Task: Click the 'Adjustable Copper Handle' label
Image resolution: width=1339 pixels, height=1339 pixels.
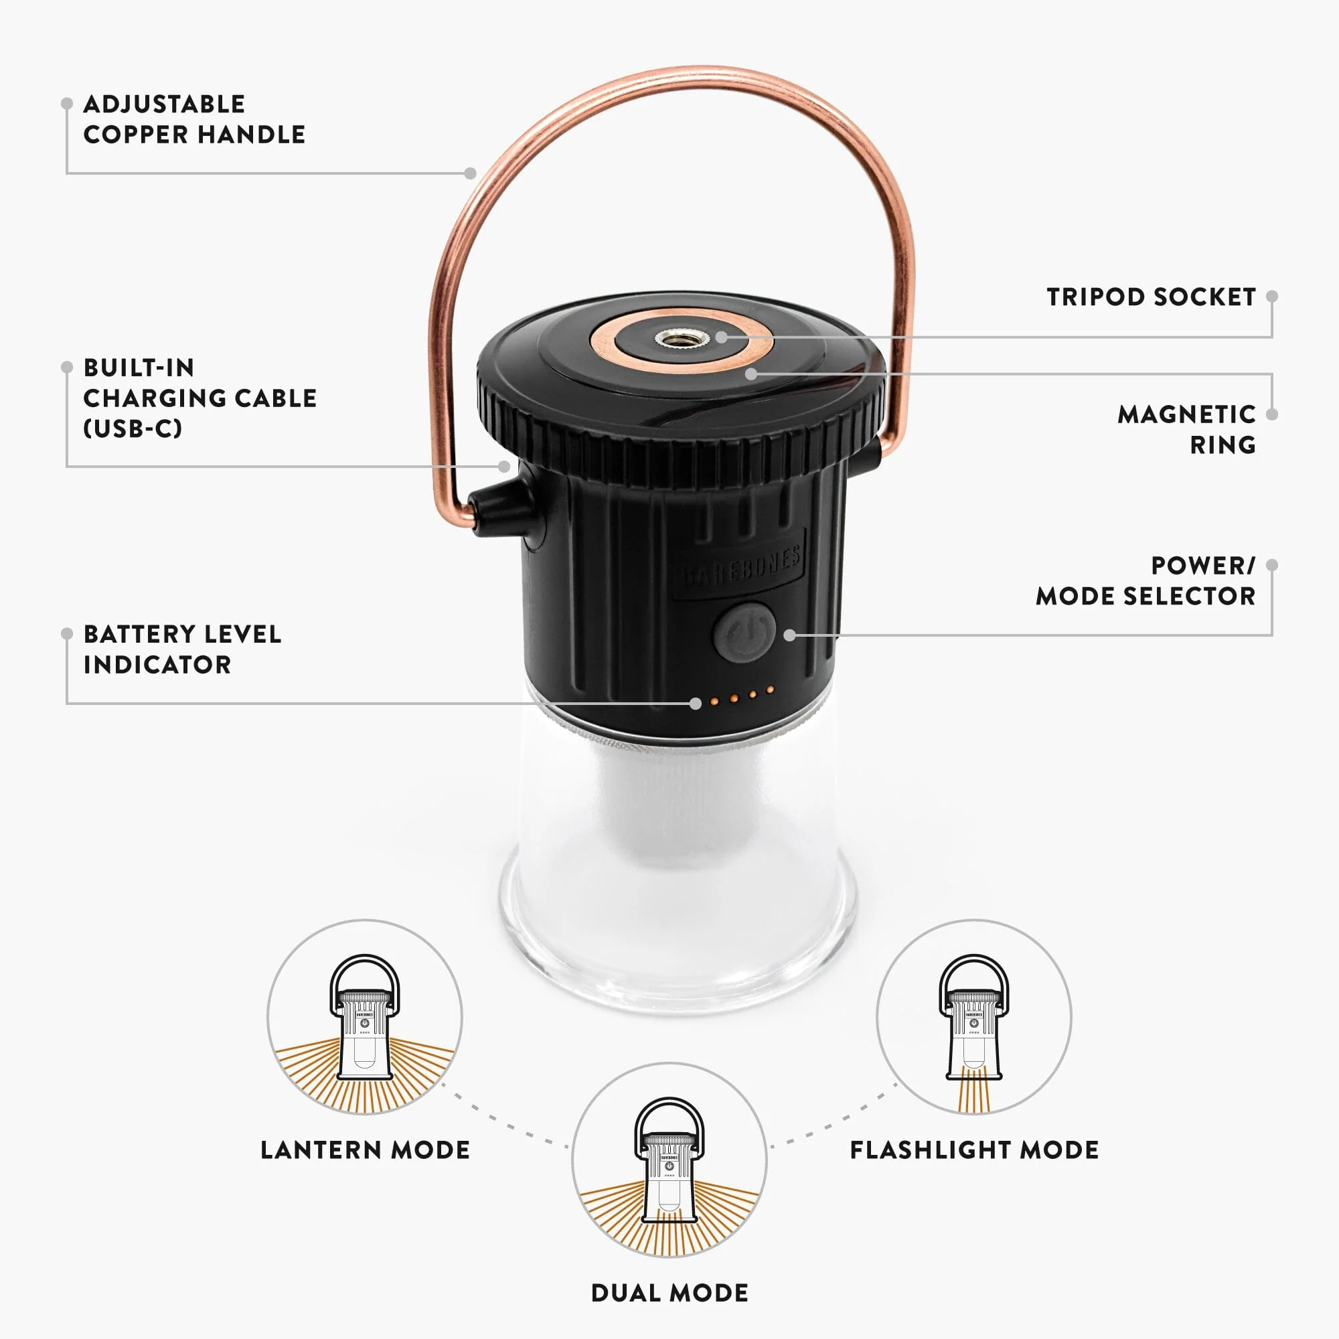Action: click(x=194, y=119)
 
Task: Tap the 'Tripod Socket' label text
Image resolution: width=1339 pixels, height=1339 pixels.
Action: click(x=1151, y=297)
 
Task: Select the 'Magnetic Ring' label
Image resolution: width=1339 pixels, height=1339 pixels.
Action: click(x=1186, y=429)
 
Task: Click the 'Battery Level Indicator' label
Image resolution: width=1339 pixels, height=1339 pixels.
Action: click(x=182, y=649)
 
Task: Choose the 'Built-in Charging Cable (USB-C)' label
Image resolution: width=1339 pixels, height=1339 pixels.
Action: click(x=200, y=398)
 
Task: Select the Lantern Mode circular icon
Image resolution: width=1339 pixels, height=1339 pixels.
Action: click(x=365, y=1017)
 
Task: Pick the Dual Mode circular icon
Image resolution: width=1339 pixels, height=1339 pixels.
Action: click(x=669, y=1160)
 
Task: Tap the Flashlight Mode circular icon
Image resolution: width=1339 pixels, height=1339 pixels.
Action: click(x=973, y=1017)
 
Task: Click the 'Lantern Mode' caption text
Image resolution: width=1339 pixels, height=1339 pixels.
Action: click(x=366, y=1150)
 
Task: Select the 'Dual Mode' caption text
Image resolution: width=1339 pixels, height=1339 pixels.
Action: click(x=669, y=1293)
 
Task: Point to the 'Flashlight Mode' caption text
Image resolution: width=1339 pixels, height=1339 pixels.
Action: click(x=974, y=1150)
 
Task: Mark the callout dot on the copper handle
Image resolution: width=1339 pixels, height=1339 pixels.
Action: click(x=471, y=173)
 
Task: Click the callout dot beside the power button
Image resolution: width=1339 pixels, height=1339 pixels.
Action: click(x=789, y=635)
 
